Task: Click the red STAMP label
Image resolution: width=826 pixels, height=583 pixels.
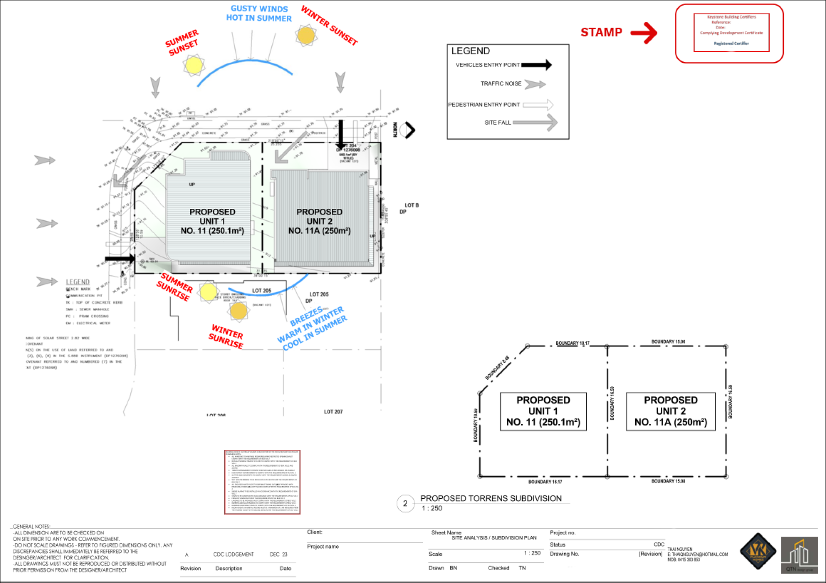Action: pos(601,33)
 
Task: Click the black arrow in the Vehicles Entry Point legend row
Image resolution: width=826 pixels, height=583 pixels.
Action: pos(536,65)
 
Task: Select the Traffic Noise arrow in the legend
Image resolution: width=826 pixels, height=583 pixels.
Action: pos(534,84)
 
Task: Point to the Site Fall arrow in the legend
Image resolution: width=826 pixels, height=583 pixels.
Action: pos(535,122)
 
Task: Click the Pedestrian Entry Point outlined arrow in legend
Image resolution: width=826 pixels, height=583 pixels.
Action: pos(538,105)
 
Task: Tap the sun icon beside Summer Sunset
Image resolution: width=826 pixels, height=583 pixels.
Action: pos(194,65)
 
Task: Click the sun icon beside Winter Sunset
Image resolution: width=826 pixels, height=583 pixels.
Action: pos(306,35)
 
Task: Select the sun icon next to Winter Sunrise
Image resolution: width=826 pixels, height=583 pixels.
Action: pos(238,311)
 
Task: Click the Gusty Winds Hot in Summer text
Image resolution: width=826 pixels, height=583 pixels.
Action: pos(259,14)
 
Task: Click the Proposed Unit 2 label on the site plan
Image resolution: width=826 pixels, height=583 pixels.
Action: pos(319,221)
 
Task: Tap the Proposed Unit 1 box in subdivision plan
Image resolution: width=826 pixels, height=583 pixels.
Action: pos(543,411)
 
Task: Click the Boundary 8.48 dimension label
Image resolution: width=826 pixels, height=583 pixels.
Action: pos(497,368)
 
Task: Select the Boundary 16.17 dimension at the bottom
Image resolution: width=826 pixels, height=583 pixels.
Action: pos(545,482)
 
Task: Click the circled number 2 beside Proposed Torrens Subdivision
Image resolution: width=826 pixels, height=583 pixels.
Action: pos(405,503)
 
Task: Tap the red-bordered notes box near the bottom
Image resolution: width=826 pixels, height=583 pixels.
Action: pos(262,482)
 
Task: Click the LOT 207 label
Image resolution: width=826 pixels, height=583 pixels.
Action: pos(333,412)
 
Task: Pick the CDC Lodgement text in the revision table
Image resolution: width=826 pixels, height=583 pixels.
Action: pos(233,555)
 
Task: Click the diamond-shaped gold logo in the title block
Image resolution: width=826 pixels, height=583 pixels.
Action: pos(758,551)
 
